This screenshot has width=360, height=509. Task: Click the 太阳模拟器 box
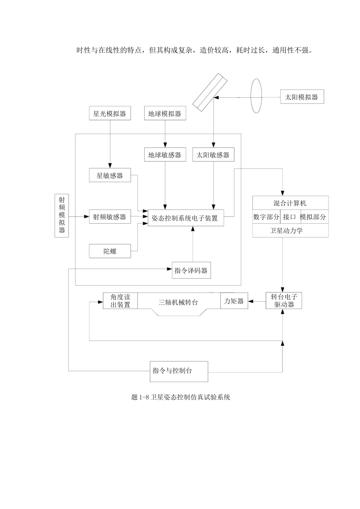(x=302, y=97)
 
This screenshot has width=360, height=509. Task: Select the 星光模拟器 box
(x=110, y=114)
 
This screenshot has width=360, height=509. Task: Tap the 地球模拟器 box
(x=165, y=114)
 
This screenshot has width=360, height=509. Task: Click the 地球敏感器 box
(x=165, y=155)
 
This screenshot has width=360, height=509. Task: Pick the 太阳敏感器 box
(x=213, y=155)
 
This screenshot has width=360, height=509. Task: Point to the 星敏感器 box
(x=110, y=175)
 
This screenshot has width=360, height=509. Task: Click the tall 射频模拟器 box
(x=62, y=215)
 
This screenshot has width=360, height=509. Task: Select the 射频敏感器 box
(x=110, y=217)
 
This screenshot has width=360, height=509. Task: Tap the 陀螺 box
(x=110, y=251)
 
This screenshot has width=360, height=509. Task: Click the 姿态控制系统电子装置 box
(x=185, y=218)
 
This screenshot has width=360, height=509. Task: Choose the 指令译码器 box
(x=191, y=270)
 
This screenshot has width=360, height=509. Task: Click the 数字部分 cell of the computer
(x=266, y=217)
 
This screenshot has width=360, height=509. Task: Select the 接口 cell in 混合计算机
(x=290, y=217)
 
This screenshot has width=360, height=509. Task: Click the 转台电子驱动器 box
(x=284, y=301)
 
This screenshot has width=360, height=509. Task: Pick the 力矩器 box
(x=234, y=301)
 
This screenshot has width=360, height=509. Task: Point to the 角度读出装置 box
(x=120, y=301)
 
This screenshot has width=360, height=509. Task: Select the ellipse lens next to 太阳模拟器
(x=256, y=96)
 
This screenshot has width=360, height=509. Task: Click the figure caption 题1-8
(x=180, y=397)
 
